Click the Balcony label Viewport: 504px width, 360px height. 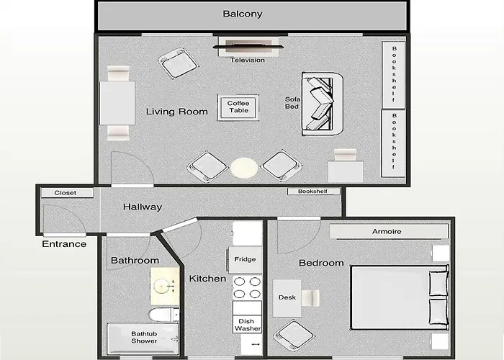coord(243,14)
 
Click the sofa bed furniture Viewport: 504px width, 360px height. coord(322,104)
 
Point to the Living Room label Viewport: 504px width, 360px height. coord(177,112)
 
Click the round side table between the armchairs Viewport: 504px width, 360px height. coord(243,168)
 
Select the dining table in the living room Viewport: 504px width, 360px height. coord(117,103)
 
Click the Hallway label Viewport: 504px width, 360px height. coord(142,207)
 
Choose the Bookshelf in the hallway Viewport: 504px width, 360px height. coord(313,191)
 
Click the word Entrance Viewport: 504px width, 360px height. coord(63,244)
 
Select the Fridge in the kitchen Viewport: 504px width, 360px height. coord(246,259)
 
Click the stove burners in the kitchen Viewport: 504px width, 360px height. coord(246,288)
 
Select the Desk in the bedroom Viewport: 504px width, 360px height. coord(287,297)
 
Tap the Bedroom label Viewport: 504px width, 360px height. coord(321,263)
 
